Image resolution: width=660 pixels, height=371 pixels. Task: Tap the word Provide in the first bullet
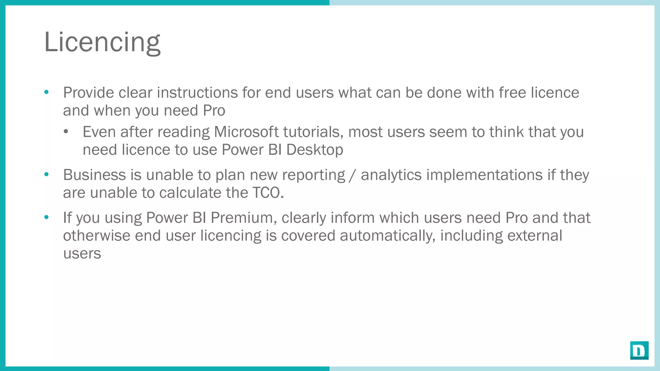(x=88, y=93)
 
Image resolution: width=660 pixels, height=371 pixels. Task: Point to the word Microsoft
(x=246, y=132)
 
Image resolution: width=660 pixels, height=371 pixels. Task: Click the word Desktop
(x=315, y=150)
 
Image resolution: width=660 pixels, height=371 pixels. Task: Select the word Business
(x=94, y=175)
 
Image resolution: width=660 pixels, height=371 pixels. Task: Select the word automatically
(x=388, y=236)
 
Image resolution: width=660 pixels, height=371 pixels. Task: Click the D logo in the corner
(x=639, y=350)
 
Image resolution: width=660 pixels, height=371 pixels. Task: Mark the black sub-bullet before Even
(x=66, y=132)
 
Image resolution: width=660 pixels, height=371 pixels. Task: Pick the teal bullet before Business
(x=46, y=175)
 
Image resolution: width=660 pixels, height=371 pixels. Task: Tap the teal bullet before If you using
(x=46, y=217)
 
